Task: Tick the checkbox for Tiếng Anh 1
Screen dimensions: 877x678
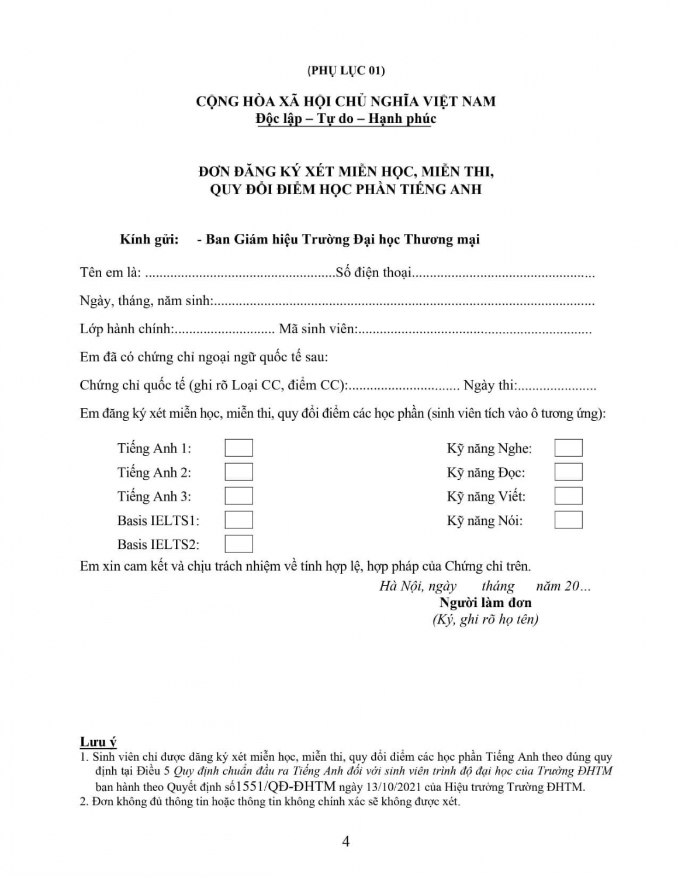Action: coord(238,448)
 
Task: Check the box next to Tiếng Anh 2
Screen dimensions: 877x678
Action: coord(238,472)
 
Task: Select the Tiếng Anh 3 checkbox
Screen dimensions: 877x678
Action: coord(238,496)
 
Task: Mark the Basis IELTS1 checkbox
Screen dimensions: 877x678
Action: coord(238,520)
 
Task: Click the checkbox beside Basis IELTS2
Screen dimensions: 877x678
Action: coord(238,544)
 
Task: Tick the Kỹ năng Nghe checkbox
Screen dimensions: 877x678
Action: coord(568,448)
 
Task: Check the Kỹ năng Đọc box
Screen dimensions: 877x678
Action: coord(568,472)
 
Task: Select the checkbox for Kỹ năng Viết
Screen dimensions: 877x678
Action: coord(568,496)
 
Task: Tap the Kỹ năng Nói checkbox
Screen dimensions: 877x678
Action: coord(568,520)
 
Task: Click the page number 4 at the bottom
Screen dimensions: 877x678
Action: coord(345,842)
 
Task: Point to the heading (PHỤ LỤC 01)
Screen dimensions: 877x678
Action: coord(346,71)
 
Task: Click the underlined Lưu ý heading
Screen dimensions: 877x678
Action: coord(98,743)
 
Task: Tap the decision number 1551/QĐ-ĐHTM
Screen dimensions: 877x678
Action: coord(286,786)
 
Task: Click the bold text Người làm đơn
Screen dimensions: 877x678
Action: coord(485,603)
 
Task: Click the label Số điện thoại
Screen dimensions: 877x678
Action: coord(373,272)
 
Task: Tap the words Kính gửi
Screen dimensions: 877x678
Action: coord(149,240)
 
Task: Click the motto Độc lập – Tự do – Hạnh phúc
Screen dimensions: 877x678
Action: coord(346,119)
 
